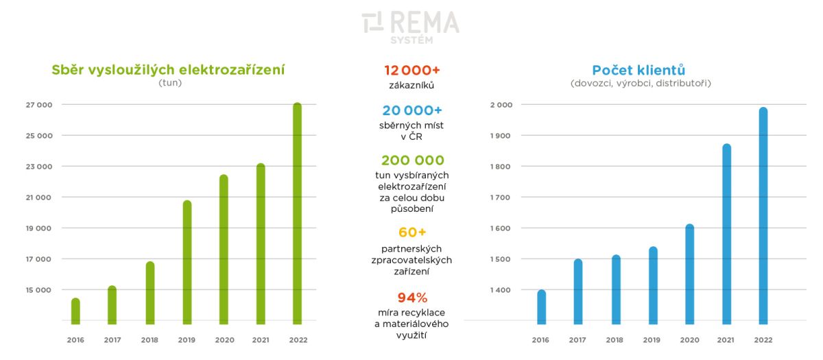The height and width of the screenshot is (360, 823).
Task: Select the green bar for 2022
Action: click(297, 213)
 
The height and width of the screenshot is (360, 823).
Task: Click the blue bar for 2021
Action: click(726, 233)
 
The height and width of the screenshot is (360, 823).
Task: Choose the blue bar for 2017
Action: click(578, 291)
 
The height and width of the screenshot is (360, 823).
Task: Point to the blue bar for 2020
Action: click(689, 274)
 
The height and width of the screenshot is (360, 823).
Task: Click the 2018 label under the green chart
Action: click(150, 340)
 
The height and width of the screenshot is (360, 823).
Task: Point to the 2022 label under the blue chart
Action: click(763, 340)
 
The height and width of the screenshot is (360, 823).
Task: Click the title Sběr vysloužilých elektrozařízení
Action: click(169, 70)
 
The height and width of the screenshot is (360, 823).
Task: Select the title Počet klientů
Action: click(639, 70)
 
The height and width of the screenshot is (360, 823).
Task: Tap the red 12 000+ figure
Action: click(412, 71)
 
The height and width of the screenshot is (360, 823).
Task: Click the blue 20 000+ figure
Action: click(412, 110)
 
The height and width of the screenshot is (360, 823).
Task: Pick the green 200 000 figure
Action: click(412, 160)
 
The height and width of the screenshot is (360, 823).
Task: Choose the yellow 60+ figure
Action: click(412, 232)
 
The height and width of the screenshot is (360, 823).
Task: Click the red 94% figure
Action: click(412, 298)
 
